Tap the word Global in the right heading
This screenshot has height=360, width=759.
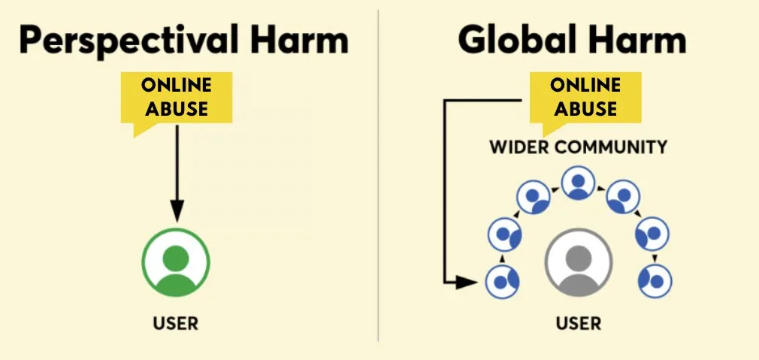click(x=513, y=40)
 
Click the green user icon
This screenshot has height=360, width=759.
click(x=176, y=263)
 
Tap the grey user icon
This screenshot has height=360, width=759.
click(x=579, y=263)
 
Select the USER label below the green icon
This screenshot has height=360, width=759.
click(x=176, y=323)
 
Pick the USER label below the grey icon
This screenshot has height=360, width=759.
click(x=579, y=323)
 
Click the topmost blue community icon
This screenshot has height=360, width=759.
click(x=578, y=183)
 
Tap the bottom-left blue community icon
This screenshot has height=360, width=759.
click(x=502, y=281)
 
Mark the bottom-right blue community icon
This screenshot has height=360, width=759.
click(x=655, y=281)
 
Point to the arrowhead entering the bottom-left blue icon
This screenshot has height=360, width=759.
click(x=469, y=282)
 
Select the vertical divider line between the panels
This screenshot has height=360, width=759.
click(x=378, y=175)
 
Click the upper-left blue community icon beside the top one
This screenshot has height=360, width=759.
click(x=533, y=197)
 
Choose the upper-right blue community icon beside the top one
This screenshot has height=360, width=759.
click(x=623, y=197)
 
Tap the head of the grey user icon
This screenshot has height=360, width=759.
click(x=579, y=255)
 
